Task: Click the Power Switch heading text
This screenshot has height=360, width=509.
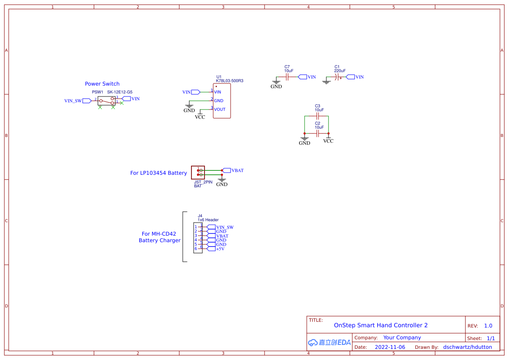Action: tap(102, 84)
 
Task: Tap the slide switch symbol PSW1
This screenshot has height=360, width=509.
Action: tap(107, 100)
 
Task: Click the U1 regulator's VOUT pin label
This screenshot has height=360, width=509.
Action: tap(220, 110)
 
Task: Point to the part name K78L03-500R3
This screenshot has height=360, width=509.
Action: tap(230, 81)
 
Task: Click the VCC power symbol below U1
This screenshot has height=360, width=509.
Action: tap(200, 116)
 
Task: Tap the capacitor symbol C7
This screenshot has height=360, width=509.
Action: tap(287, 77)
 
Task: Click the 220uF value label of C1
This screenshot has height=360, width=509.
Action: tap(340, 70)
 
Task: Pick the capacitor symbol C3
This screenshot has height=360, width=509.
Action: tap(318, 117)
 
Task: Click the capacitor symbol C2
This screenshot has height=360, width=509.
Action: tap(318, 133)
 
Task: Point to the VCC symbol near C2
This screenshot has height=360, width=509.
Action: tap(328, 140)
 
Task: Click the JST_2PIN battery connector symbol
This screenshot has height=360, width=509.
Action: tap(198, 172)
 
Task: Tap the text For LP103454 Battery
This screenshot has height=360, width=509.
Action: tap(158, 173)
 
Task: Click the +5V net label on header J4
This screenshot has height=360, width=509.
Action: tap(220, 249)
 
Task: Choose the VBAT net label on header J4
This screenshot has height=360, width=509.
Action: tap(222, 236)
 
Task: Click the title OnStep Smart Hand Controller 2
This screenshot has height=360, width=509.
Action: tap(381, 325)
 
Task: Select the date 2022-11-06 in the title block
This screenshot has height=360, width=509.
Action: tap(390, 347)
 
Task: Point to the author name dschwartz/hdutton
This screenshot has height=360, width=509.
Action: tap(467, 347)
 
